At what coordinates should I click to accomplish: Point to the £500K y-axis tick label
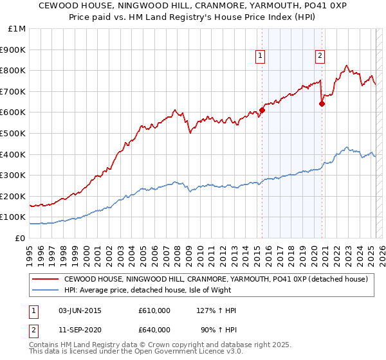point(14,133)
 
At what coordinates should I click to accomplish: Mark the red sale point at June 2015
point(262,110)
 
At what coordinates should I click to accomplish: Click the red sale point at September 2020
point(322,104)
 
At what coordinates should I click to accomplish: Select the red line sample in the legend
point(45,279)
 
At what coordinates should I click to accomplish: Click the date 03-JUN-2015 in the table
point(80,310)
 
